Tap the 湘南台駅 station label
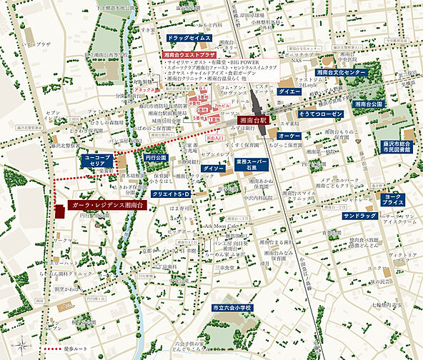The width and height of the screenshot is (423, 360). pyautogui.click(x=252, y=120)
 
